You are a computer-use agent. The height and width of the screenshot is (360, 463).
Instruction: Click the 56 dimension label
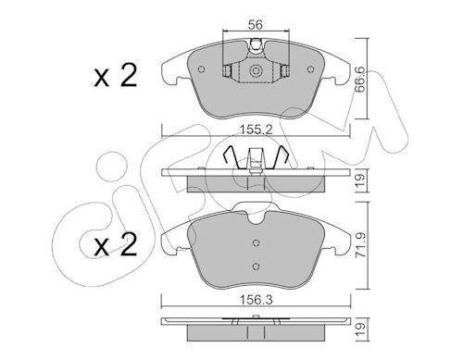pos(256,24)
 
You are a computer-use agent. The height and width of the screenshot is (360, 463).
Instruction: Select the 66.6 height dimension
pos(360,80)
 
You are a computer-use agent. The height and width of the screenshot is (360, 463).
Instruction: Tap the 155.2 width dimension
pos(257,130)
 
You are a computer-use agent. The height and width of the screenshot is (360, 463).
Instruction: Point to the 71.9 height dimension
pos(360,244)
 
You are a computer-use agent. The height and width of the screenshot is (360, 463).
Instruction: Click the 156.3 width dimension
pos(257,300)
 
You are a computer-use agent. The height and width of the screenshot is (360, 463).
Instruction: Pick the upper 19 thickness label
pos(360,180)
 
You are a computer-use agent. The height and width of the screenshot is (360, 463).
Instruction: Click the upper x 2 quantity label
pos(116,76)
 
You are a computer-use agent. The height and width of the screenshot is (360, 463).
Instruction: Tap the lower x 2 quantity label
pos(116,244)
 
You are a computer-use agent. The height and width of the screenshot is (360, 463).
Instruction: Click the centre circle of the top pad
pos(256,71)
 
